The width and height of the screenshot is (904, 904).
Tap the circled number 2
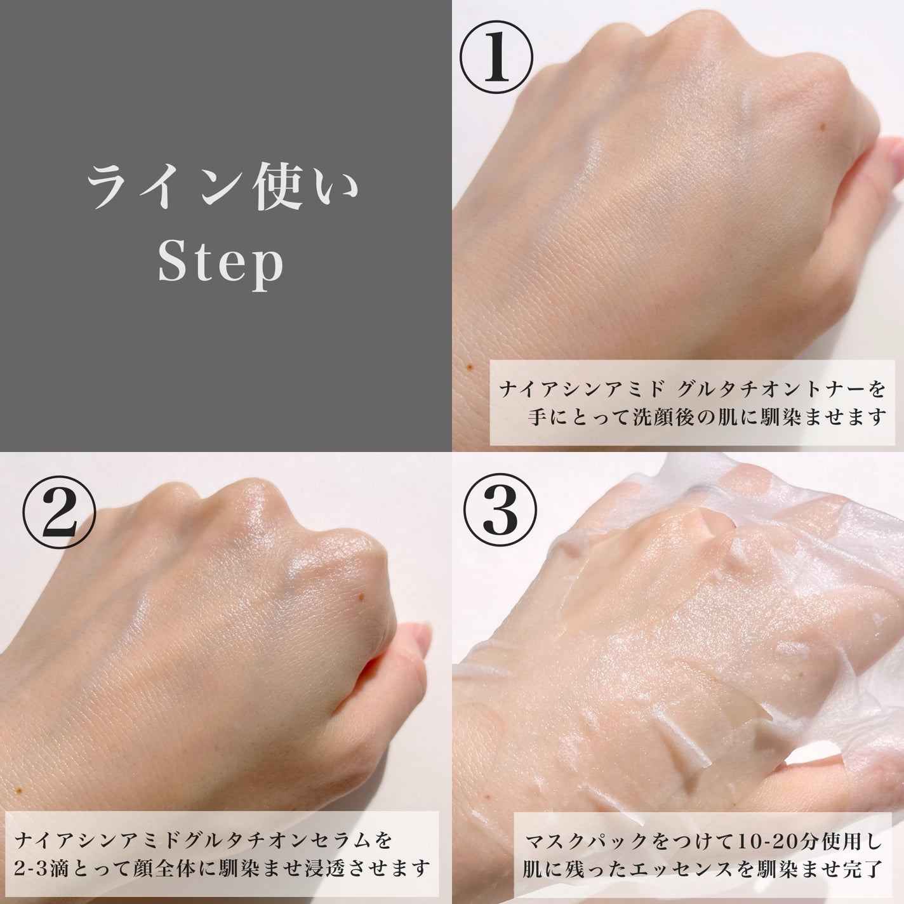tap(59, 512)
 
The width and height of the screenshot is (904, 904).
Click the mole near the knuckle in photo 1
tap(821, 126)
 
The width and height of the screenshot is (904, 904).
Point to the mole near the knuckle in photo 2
tap(361, 597)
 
